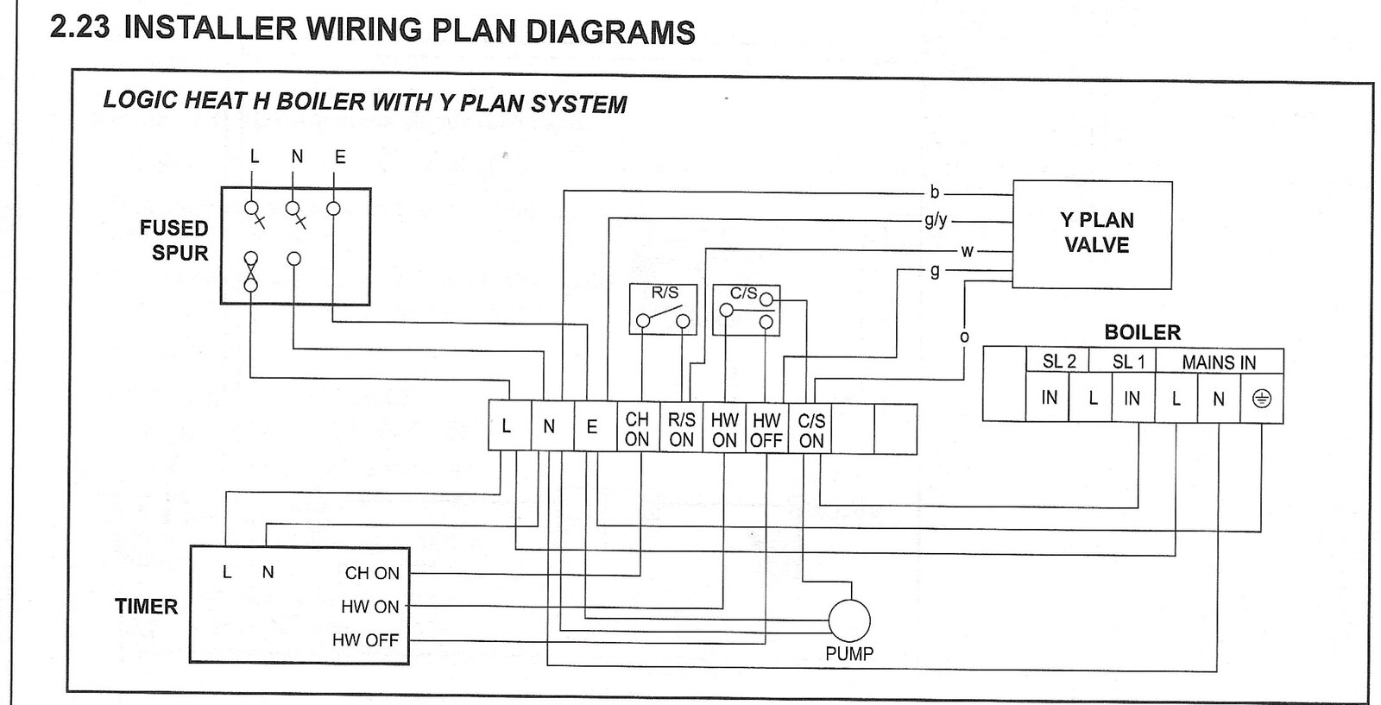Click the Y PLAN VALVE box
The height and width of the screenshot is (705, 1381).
click(1092, 234)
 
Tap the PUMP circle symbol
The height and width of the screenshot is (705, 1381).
click(849, 620)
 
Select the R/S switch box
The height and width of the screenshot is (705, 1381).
click(662, 308)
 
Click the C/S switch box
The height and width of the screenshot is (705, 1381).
click(746, 309)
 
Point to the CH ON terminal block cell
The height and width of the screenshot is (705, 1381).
click(637, 428)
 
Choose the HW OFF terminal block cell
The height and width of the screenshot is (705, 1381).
click(766, 429)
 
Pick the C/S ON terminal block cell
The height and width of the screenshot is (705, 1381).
click(811, 429)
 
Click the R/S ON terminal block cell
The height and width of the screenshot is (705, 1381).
click(681, 429)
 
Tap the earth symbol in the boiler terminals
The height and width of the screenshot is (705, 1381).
click(1261, 399)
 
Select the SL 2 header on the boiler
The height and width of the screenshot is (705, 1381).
click(1058, 362)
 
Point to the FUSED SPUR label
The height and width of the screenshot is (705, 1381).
click(175, 241)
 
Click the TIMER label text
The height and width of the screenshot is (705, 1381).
click(146, 607)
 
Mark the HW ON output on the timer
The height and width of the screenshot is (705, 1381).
click(370, 607)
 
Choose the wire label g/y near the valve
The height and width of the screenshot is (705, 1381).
click(936, 220)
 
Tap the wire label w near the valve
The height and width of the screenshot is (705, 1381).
click(967, 251)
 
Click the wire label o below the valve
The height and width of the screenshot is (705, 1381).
click(964, 337)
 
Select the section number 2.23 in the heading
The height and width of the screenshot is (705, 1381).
click(80, 28)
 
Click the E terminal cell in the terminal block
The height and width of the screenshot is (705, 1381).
click(592, 427)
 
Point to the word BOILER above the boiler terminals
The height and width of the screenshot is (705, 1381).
click(1142, 332)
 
